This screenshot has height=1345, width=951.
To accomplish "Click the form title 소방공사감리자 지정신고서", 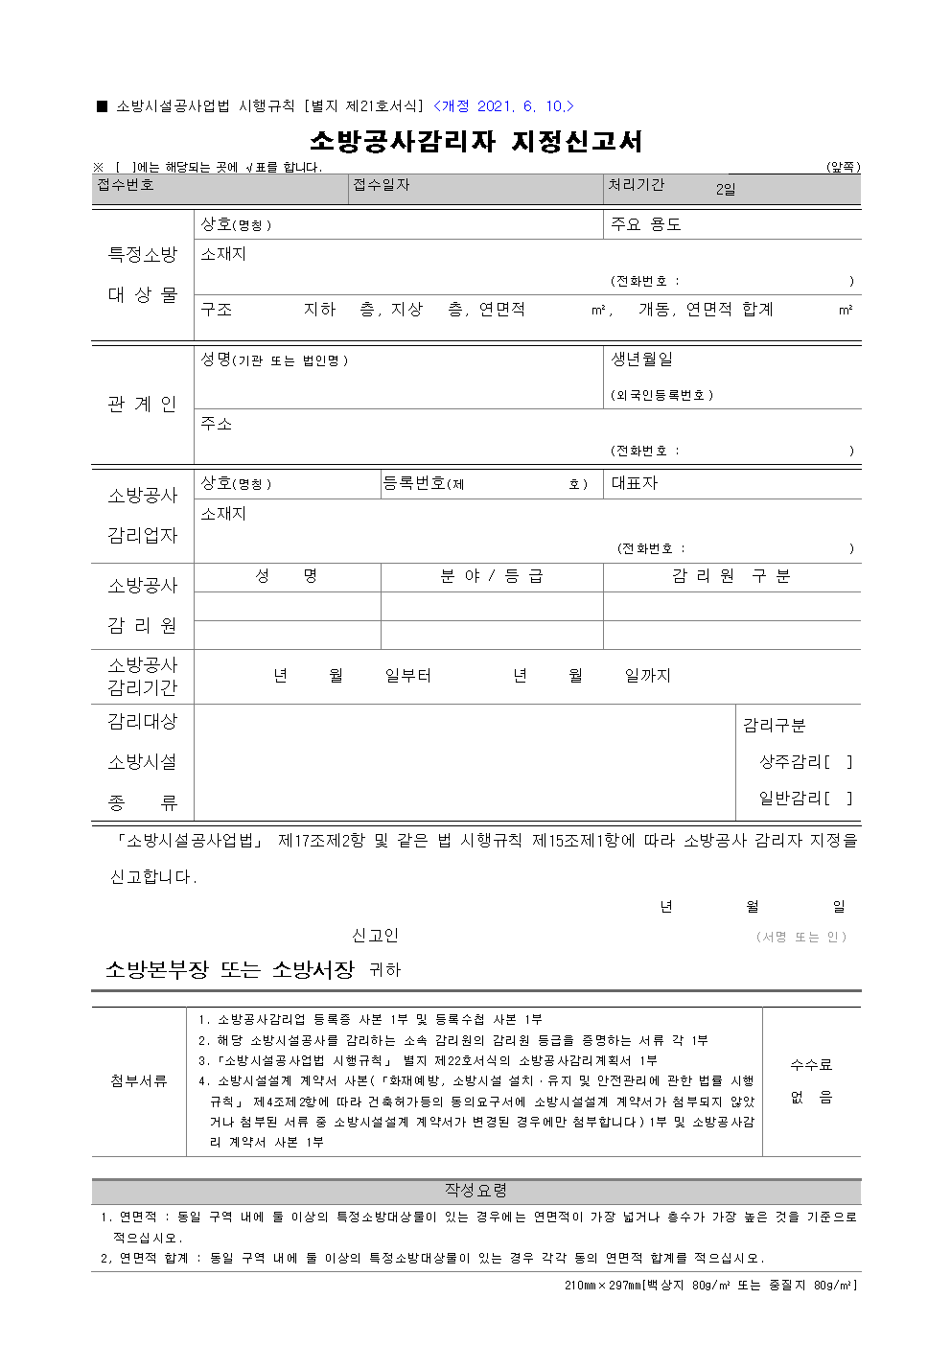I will [475, 142].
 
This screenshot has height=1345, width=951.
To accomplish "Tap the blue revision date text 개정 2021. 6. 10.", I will [503, 106].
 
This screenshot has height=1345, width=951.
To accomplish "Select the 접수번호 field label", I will [126, 185].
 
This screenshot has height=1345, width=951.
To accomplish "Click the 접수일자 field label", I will [382, 185].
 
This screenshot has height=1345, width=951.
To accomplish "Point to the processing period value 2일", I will [726, 190].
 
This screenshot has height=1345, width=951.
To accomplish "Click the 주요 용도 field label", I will [646, 224].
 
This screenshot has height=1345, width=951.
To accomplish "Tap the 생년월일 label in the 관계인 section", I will [642, 359].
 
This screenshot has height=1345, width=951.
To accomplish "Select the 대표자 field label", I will [635, 483].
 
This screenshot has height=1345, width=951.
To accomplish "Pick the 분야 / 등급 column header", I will [491, 576].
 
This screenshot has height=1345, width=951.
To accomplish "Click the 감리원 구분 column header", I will [731, 576].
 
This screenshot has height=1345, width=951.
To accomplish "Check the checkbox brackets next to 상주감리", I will [838, 762].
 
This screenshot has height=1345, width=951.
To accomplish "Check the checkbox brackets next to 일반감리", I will [838, 798].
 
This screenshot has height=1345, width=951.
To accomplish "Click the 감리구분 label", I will [774, 726].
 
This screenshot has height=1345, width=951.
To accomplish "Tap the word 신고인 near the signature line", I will [375, 936].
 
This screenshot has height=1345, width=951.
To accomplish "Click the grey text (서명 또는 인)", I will [801, 937].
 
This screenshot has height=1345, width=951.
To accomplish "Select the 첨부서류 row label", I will [139, 1081].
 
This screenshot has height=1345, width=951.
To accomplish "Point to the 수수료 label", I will [811, 1065].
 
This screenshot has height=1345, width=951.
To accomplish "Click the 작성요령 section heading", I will [475, 1191].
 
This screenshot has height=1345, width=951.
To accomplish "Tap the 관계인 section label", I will [143, 405].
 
